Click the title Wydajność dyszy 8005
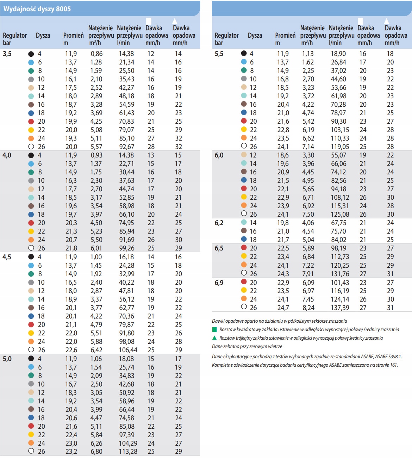click(x=37, y=9)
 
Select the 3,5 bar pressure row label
click(x=7, y=54)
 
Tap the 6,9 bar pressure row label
click(x=219, y=283)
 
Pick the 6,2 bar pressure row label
click(x=219, y=223)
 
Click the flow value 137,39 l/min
click(x=340, y=308)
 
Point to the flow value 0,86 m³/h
click(x=96, y=54)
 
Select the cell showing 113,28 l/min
click(x=128, y=452)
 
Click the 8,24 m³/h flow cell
click(x=308, y=308)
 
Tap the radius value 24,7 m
click(x=283, y=308)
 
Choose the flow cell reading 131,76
click(x=340, y=274)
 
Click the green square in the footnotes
click(x=214, y=329)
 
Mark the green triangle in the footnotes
click(x=214, y=338)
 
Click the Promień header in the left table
click(x=73, y=35)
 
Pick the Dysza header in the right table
click(x=255, y=35)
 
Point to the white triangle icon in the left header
click(x=175, y=21)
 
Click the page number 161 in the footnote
click(x=393, y=365)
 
